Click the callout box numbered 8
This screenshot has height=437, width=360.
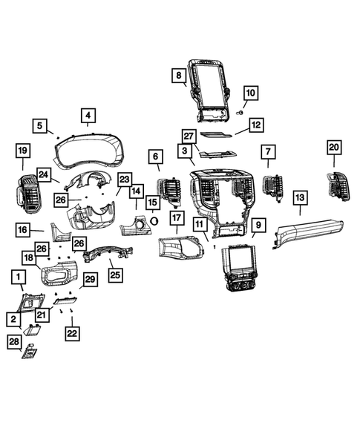pos(179,76)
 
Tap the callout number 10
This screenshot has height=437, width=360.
pos(249,93)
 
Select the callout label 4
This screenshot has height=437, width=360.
pos(88,116)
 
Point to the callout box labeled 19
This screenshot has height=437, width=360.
pos(22,152)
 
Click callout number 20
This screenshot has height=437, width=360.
pos(333,148)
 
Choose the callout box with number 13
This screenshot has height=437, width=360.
pos(299,197)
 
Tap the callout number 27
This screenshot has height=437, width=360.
pos(189,136)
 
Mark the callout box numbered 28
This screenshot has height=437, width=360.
pos(15,341)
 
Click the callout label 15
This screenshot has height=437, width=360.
pos(152,202)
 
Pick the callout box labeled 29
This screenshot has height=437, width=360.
pos(88,279)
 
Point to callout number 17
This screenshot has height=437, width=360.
pos(176,218)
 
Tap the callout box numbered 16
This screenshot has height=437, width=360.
pos(22,230)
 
